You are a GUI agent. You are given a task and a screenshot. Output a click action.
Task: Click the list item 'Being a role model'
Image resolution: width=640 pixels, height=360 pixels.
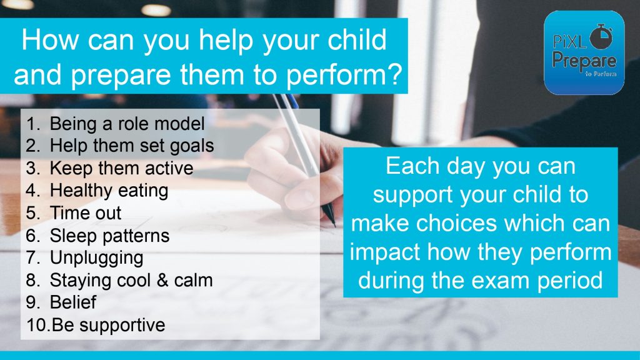[127, 124]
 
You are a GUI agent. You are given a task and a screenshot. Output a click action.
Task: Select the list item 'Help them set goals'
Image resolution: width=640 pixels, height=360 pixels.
[132, 146]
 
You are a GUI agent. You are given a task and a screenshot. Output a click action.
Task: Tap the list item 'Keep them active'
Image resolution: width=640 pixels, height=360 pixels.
[122, 168]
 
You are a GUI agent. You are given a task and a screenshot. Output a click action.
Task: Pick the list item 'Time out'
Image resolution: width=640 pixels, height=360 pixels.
[85, 213]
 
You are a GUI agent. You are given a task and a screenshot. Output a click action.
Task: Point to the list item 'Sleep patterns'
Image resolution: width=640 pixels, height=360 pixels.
[109, 236]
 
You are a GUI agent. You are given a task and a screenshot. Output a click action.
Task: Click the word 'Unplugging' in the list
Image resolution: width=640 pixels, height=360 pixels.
[96, 258]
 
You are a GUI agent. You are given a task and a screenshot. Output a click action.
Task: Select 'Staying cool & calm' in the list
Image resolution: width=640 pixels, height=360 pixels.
[131, 281]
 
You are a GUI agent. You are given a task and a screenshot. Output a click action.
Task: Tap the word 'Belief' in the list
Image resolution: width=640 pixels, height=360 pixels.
[73, 302]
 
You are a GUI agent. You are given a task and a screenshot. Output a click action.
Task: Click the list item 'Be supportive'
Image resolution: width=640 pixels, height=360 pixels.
[109, 325]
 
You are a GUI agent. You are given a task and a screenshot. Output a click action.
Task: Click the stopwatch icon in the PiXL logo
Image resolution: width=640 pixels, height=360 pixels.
[602, 36]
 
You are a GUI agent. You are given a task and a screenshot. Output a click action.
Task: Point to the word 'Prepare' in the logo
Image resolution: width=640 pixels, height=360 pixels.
[584, 61]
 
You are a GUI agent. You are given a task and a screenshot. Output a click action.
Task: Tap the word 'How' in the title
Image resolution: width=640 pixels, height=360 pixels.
[50, 40]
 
